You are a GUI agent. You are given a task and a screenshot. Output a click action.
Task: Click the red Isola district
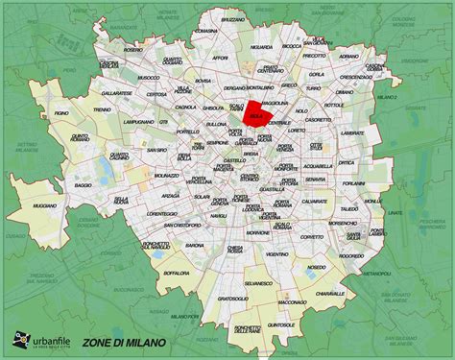[x=255, y=113]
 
